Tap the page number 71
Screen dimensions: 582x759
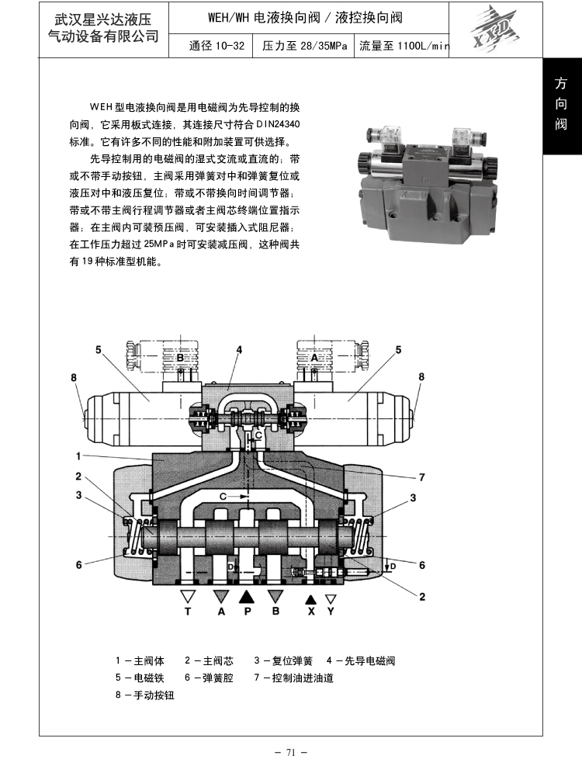(x=290, y=752)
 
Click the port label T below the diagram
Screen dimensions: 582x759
(x=187, y=612)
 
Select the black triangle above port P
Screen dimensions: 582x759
(x=247, y=597)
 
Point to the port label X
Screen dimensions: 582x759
(x=311, y=612)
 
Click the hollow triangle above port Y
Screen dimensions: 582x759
(x=331, y=599)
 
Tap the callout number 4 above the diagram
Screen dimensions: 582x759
(x=239, y=349)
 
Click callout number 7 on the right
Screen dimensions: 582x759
(x=421, y=477)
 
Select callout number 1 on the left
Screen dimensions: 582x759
(x=78, y=456)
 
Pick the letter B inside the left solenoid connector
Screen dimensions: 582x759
(x=179, y=358)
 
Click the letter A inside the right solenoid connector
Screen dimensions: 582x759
(x=314, y=358)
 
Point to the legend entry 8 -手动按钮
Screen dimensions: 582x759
(x=144, y=695)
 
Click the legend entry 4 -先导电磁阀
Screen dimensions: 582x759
(x=361, y=660)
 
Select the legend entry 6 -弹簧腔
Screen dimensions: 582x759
(x=209, y=678)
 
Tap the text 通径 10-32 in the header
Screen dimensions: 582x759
(x=217, y=46)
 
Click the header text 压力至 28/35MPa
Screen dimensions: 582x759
(x=305, y=46)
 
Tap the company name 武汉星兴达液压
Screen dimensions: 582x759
(x=102, y=19)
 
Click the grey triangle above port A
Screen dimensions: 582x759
(x=221, y=597)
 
